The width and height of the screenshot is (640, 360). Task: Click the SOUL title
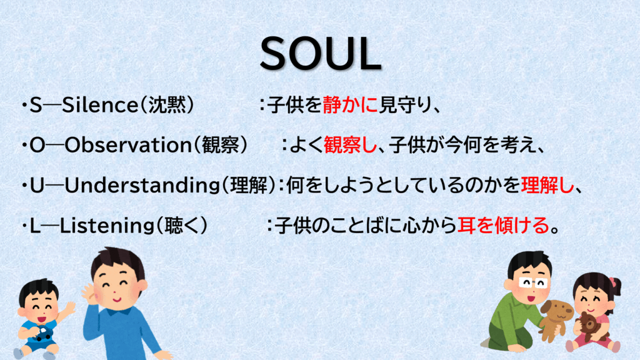[x=321, y=54]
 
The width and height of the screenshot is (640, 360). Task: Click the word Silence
[x=100, y=105]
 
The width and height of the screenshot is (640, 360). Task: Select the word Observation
[x=128, y=145]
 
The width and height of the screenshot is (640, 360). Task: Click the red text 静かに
[x=351, y=105]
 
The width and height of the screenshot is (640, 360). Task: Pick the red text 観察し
[x=351, y=145]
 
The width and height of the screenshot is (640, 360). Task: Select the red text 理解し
[x=547, y=185]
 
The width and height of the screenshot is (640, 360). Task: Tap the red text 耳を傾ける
[x=503, y=225]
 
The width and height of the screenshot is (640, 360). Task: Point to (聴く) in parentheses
[x=182, y=226]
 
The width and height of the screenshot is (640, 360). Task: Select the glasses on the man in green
[x=532, y=282]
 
